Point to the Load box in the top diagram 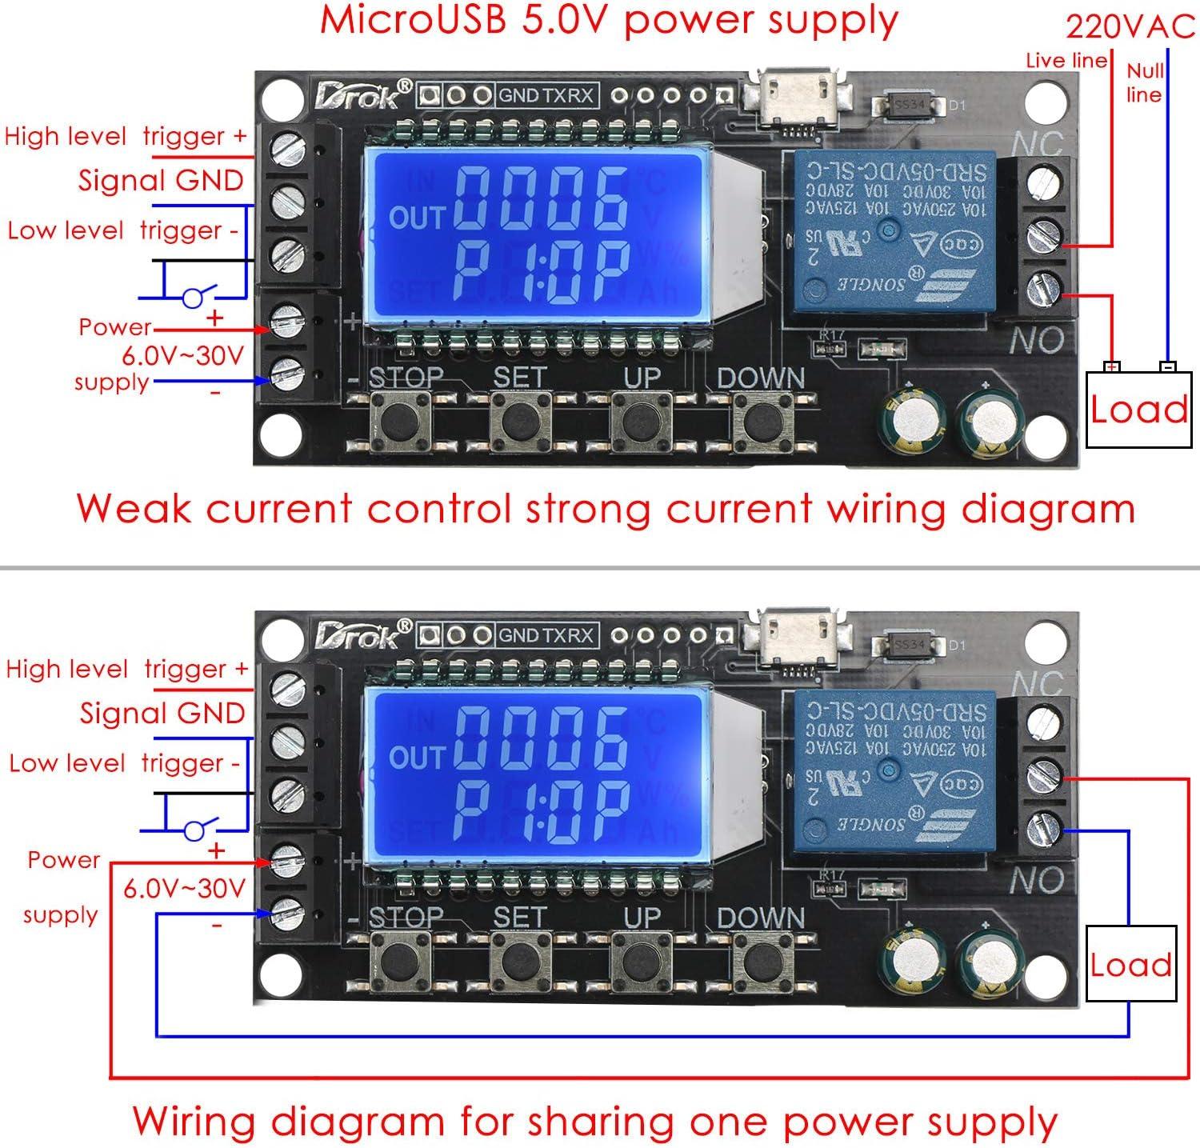point(1137,410)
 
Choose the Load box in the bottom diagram point(1130,964)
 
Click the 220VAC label point(1130,28)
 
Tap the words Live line point(1066,61)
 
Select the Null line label point(1144,82)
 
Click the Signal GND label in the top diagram point(160,181)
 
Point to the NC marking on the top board point(1037,145)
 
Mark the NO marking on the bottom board point(1036,881)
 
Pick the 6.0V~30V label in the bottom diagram point(183,888)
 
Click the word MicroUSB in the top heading point(413,21)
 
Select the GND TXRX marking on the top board point(546,96)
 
